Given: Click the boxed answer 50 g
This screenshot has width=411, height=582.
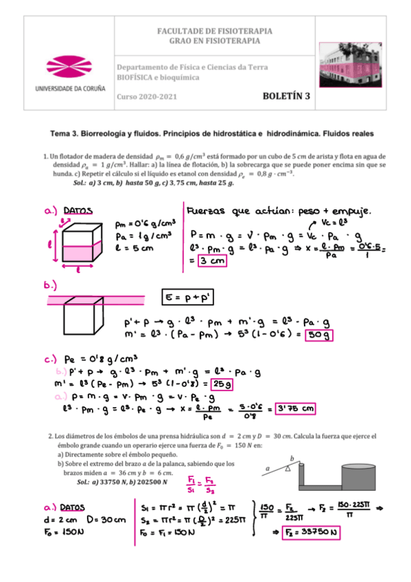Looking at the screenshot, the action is (x=318, y=335).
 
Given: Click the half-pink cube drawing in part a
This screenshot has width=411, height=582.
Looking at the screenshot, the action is (x=83, y=244).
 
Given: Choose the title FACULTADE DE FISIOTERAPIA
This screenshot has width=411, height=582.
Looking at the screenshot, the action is (x=215, y=32).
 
